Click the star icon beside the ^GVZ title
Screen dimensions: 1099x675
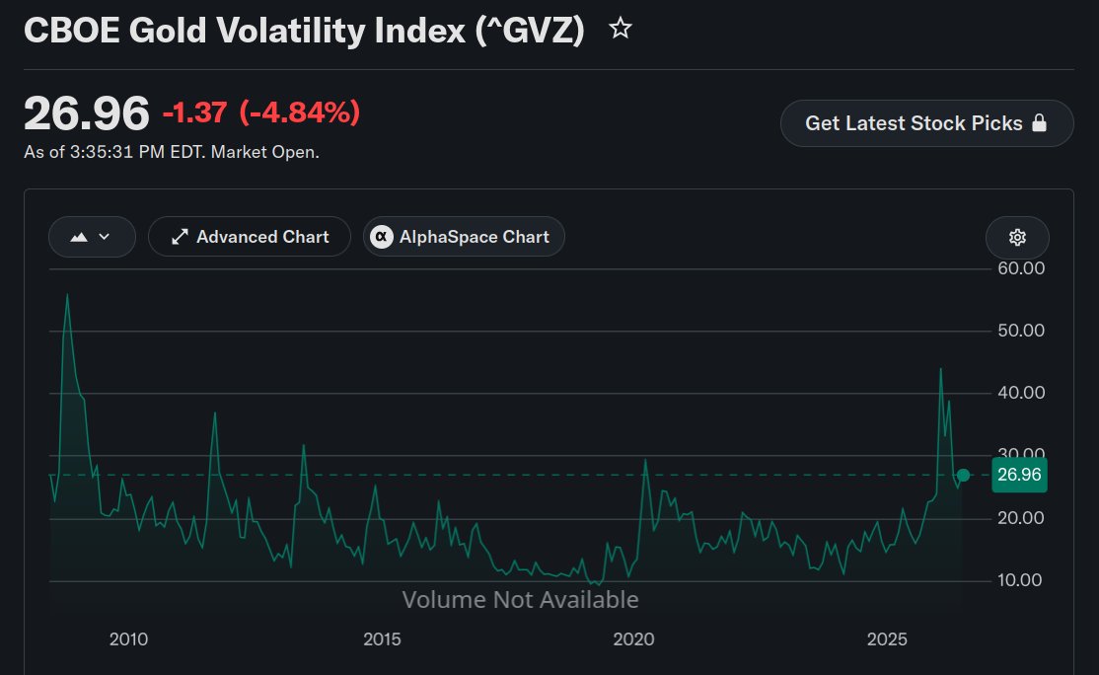(621, 28)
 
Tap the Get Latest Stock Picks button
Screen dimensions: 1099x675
(926, 123)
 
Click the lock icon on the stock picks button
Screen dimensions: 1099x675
(1040, 122)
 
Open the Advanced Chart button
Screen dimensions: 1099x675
(250, 237)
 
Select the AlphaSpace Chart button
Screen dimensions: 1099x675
(464, 237)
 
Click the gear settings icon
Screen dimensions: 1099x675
(1017, 237)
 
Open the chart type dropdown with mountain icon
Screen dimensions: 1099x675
(92, 237)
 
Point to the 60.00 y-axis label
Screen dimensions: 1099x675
(1021, 268)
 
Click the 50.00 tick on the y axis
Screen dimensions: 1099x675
(1021, 331)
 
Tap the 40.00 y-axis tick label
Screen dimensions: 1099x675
(1021, 393)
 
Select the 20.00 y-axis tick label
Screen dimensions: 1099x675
(1021, 518)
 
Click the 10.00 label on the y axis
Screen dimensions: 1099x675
(1020, 580)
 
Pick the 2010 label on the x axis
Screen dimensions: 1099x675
(129, 639)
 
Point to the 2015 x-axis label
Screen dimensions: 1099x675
(382, 639)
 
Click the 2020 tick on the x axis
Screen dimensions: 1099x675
(633, 639)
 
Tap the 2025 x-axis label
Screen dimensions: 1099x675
(887, 639)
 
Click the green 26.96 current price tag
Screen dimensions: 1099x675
(1019, 475)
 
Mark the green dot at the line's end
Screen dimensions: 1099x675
(963, 476)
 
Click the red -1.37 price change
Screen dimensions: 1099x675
(195, 112)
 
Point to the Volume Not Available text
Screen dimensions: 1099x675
(520, 600)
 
